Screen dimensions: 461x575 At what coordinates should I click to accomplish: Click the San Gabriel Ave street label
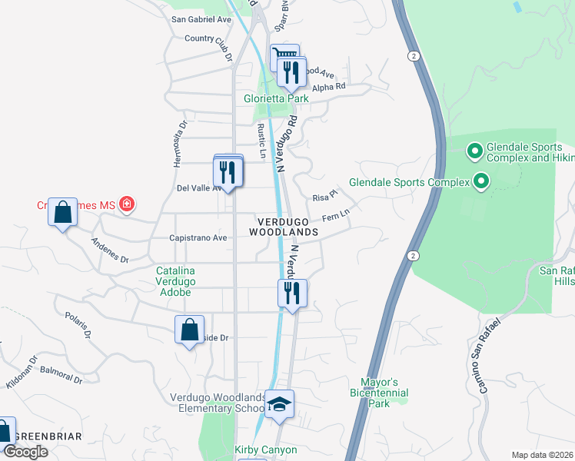point(201,19)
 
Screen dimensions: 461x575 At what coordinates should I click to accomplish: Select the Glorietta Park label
point(276,99)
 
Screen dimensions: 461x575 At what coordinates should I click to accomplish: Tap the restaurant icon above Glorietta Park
point(292,72)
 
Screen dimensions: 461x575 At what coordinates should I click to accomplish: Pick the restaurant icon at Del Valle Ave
point(228,171)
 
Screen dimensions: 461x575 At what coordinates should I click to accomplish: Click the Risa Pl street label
point(325,197)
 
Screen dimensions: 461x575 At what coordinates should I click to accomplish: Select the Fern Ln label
point(335,217)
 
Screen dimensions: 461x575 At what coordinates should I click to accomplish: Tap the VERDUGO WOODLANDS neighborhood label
point(284,226)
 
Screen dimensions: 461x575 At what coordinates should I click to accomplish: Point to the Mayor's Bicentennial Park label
point(379,392)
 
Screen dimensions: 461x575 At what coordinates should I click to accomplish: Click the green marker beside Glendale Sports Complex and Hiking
point(474,152)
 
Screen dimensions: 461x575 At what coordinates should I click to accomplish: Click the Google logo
point(25,452)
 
